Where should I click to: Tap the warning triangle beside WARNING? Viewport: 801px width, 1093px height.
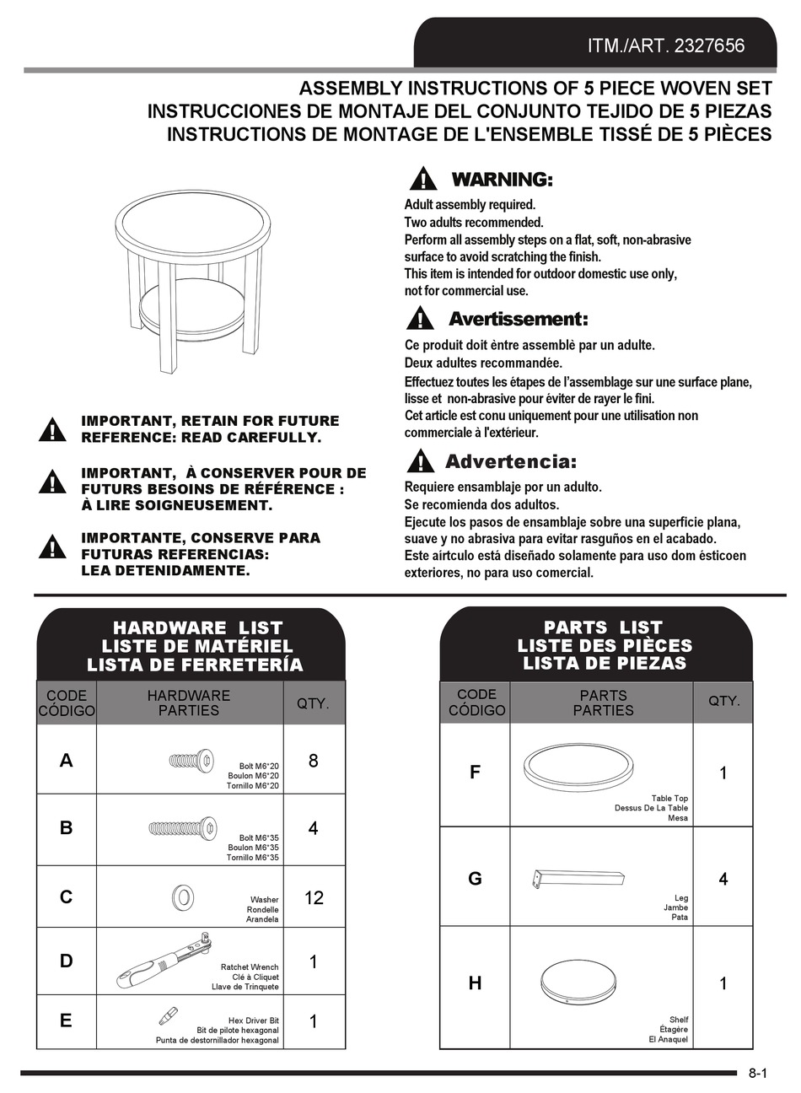(423, 179)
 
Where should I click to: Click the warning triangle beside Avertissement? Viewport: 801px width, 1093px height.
(420, 319)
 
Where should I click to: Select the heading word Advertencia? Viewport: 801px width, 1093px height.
(511, 461)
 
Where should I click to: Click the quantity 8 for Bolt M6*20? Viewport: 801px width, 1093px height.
(314, 761)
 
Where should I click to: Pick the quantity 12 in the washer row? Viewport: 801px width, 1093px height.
(314, 898)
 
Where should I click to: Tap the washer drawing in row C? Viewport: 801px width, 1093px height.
(180, 896)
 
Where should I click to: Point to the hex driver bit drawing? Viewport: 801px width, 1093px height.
(168, 1015)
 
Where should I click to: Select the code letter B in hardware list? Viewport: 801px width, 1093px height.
(67, 828)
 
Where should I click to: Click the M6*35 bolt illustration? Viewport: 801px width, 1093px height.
(183, 827)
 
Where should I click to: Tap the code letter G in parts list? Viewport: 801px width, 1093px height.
(475, 879)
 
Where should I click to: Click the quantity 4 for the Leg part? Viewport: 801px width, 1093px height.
(723, 879)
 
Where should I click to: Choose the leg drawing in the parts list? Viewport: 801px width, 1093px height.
(578, 878)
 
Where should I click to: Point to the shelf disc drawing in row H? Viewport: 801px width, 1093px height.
(578, 980)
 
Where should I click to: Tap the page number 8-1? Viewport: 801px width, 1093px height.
(758, 1074)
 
